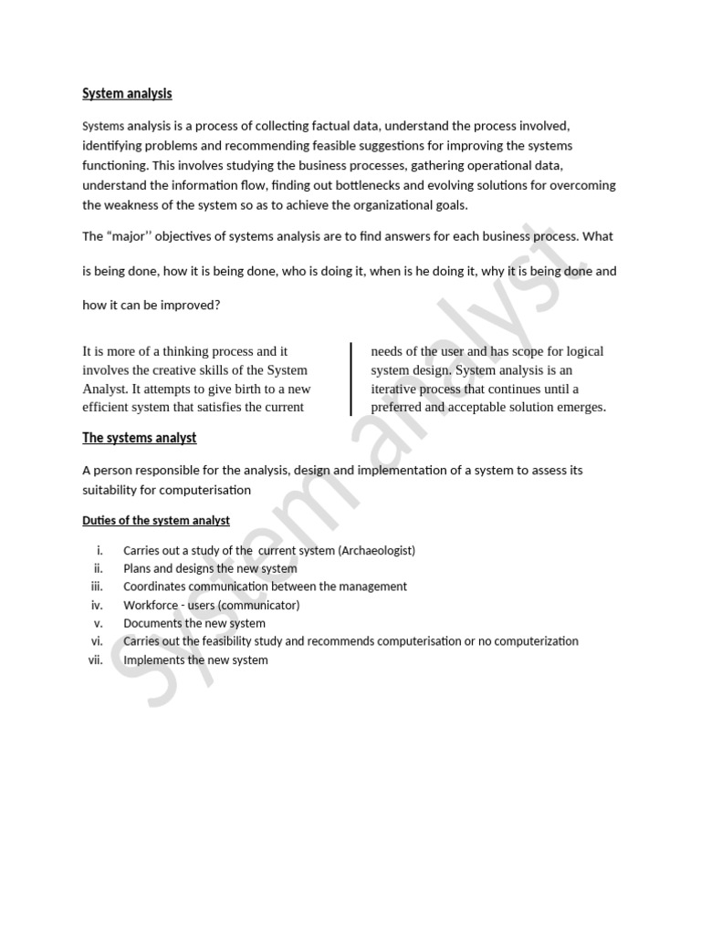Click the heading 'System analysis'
pyautogui.click(x=127, y=93)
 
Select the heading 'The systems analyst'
pyautogui.click(x=139, y=438)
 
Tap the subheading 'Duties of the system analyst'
pyautogui.click(x=156, y=520)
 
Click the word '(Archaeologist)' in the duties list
pyautogui.click(x=376, y=551)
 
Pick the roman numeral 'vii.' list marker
pyautogui.click(x=96, y=659)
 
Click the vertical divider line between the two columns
pyautogui.click(x=351, y=379)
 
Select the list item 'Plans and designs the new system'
pyautogui.click(x=210, y=569)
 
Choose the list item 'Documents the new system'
pyautogui.click(x=194, y=623)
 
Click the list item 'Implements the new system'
pyautogui.click(x=195, y=659)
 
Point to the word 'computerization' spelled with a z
pyautogui.click(x=537, y=641)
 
